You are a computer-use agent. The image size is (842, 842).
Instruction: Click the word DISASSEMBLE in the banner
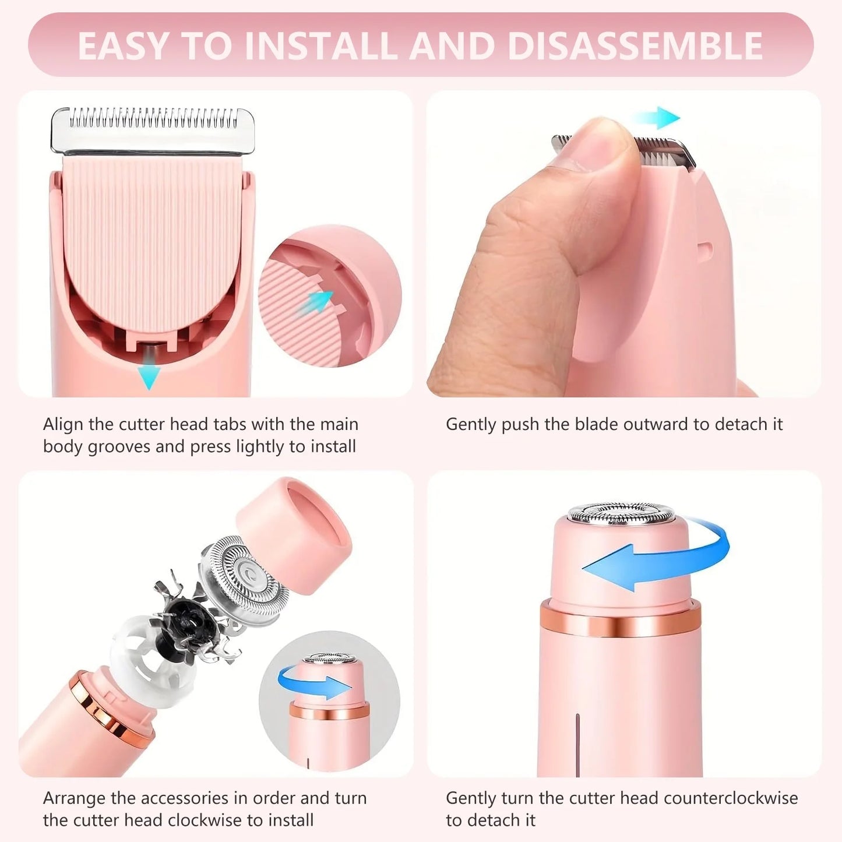[635, 45]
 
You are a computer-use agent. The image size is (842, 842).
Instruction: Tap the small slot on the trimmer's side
[704, 251]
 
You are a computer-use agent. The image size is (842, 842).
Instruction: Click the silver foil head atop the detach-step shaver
[621, 513]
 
